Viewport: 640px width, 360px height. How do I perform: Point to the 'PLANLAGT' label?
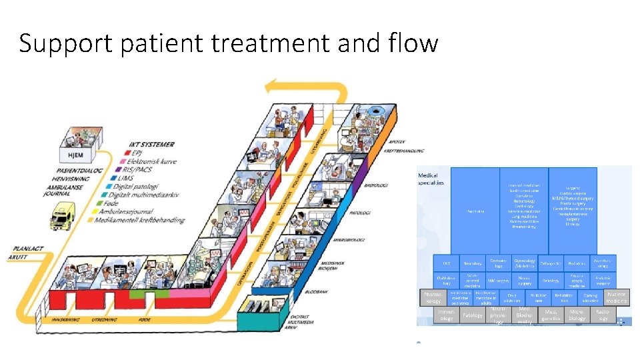pyautogui.click(x=27, y=249)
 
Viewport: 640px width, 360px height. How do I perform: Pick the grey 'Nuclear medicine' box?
pyautogui.click(x=616, y=297)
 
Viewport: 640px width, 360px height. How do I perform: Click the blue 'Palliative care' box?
pyautogui.click(x=537, y=297)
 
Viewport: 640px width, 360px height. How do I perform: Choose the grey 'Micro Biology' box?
pyautogui.click(x=577, y=315)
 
